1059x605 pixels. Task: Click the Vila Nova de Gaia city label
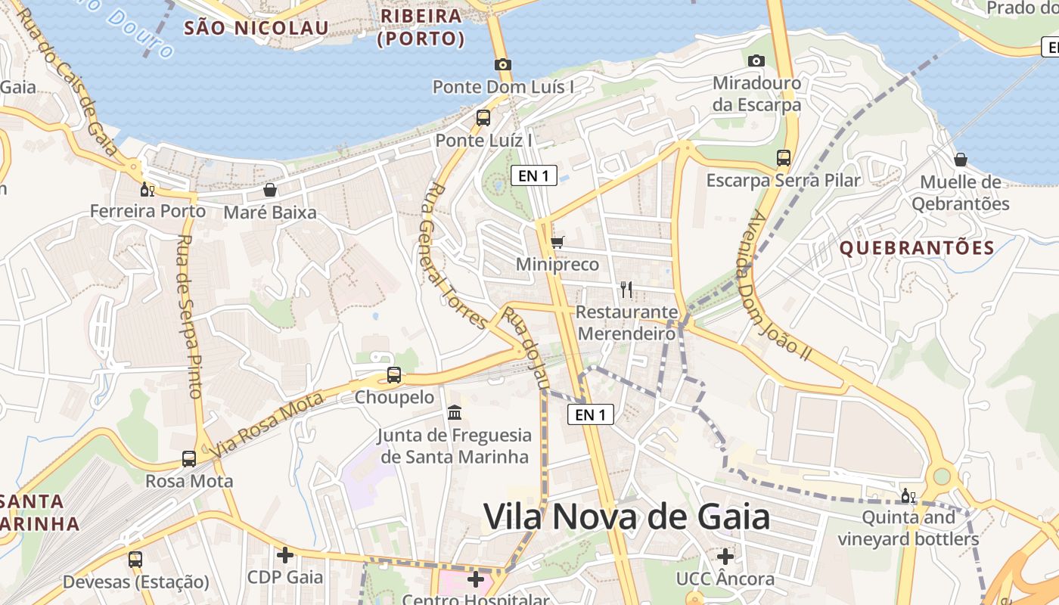(x=626, y=518)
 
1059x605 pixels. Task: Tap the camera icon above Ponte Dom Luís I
(x=502, y=65)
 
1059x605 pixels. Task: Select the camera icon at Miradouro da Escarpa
(x=756, y=60)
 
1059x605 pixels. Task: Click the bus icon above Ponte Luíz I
(x=483, y=118)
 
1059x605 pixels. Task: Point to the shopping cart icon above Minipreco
(x=557, y=243)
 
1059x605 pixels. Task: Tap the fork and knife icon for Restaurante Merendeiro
(x=626, y=289)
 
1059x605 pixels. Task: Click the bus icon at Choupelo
(x=394, y=375)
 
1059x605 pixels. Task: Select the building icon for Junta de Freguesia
(x=455, y=413)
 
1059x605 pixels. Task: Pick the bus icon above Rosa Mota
(x=189, y=459)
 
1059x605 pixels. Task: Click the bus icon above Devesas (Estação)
(x=135, y=560)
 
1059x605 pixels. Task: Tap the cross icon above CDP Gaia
(x=285, y=555)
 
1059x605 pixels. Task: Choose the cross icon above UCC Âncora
(x=725, y=557)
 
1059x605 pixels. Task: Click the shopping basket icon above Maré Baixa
(x=270, y=190)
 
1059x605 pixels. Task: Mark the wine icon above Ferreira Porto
(x=148, y=189)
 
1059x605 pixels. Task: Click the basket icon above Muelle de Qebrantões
(x=961, y=160)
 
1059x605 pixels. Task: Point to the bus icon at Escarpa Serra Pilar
(x=784, y=158)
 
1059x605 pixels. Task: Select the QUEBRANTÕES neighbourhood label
(x=917, y=248)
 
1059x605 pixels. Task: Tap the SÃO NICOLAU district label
(x=257, y=29)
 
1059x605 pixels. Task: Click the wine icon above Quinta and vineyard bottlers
(x=908, y=496)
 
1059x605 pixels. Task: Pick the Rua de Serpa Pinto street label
(x=190, y=316)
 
